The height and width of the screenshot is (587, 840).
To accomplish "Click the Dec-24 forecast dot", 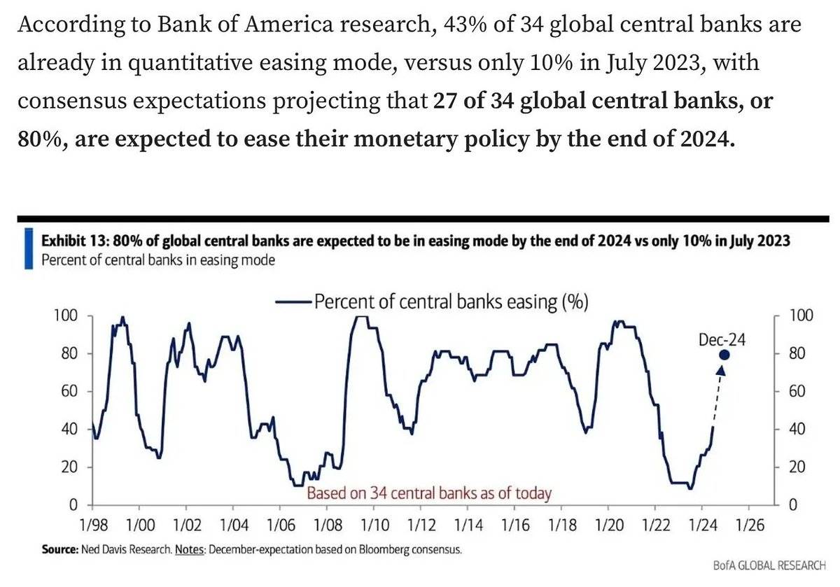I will point(724,355).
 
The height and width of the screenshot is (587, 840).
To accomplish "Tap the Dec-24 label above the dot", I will point(722,340).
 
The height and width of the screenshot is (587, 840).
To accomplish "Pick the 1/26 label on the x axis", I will point(749,523).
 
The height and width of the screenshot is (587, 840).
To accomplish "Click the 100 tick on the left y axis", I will point(65,316).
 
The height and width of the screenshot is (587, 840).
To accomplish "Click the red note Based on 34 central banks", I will point(429,493).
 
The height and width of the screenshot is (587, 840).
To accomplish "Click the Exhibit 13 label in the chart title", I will point(75,241).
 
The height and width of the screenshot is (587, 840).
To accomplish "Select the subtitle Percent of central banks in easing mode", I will point(158,260).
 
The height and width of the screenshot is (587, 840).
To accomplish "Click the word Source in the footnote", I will point(59,550).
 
